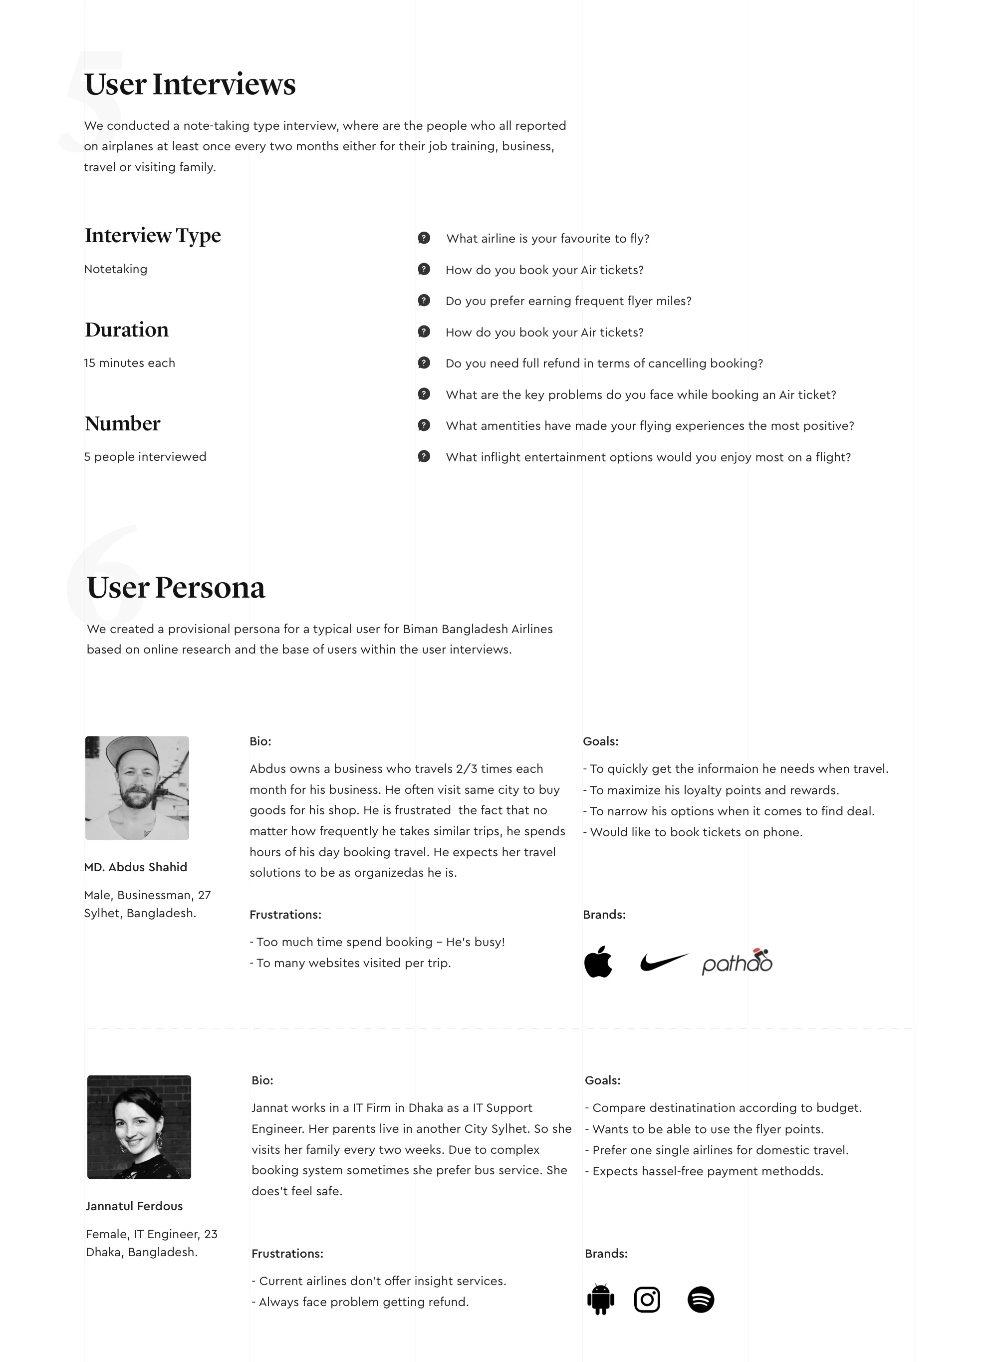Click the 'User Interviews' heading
[x=190, y=84]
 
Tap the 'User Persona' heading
[x=176, y=587]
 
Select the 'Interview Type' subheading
[x=153, y=235]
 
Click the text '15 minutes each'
[x=129, y=362]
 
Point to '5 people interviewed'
[x=145, y=456]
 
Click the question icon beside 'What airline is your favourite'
[x=424, y=238]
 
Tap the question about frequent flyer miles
[x=568, y=301]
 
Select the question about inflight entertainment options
[x=648, y=457]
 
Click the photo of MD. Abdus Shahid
[x=137, y=787]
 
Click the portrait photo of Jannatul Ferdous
[x=139, y=1126]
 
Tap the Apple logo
[x=598, y=962]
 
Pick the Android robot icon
[x=600, y=1299]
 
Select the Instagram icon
[x=647, y=1299]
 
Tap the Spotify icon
[x=701, y=1299]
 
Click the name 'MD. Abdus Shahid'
[x=135, y=867]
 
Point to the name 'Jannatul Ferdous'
[x=134, y=1206]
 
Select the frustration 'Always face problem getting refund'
[x=360, y=1302]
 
